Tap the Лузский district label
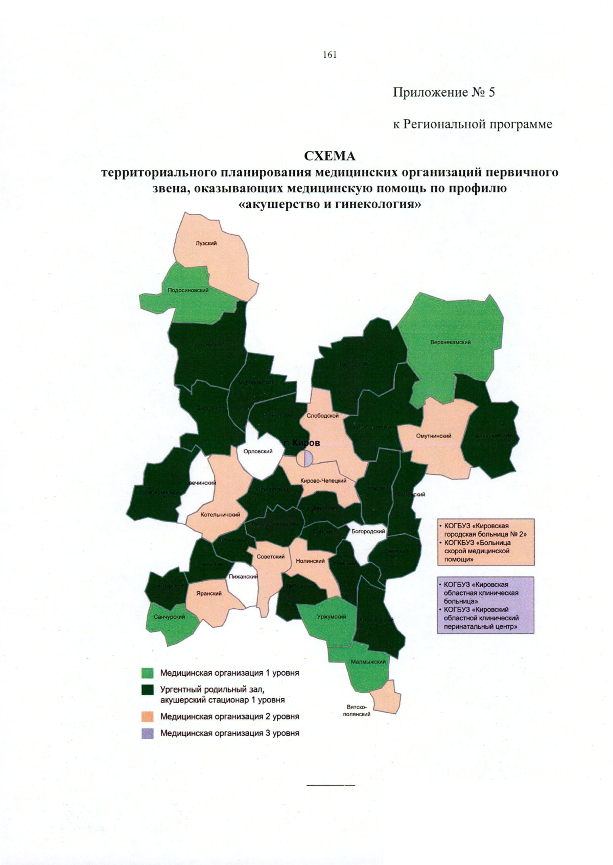coord(206,243)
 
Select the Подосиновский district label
coord(188,290)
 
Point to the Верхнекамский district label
coord(450,342)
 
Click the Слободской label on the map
coord(322,416)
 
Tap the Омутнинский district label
coord(434,436)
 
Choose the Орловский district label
coord(258,451)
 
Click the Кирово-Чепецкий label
coord(323,481)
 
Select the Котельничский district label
coord(220,515)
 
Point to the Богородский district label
coord(368,532)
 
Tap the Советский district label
coord(270,557)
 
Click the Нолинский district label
coord(310,561)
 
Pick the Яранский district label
coord(209,594)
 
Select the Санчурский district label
coord(169,617)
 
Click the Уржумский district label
coord(331,617)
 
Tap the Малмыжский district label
coord(368,662)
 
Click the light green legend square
coord(148,673)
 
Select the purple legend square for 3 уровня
coord(148,733)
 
